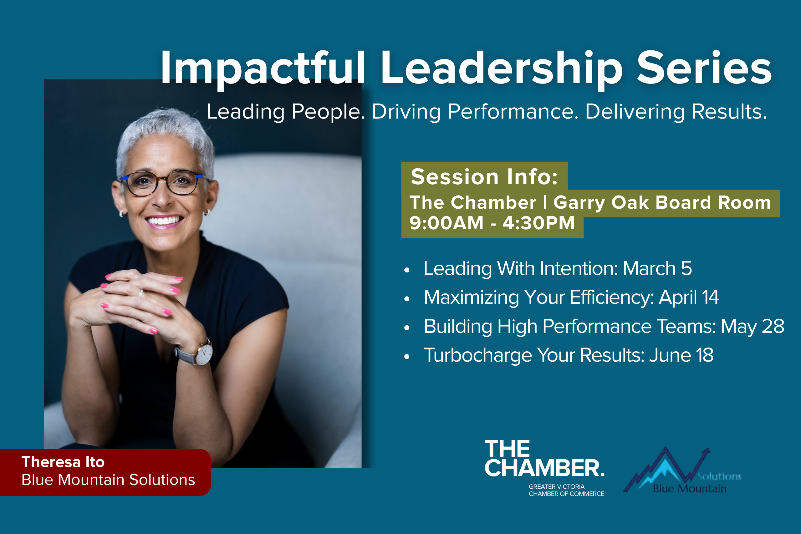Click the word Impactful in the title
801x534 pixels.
pos(262,68)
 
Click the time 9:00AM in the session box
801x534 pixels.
pos(446,223)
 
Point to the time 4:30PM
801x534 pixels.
pos(538,223)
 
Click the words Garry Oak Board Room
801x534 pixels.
pos(662,202)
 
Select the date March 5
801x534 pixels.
pos(657,268)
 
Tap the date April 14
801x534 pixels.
pos(689,297)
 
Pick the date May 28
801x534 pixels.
pos(752,326)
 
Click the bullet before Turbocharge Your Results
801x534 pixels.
pos(407,357)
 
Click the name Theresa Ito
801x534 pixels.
pos(63,462)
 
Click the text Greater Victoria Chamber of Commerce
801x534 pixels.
pos(566,490)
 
